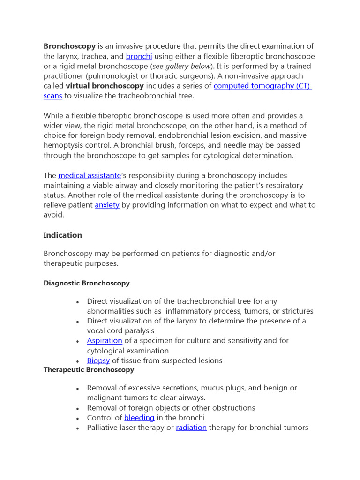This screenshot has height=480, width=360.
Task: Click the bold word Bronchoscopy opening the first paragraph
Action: (x=69, y=46)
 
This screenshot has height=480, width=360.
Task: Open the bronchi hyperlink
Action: (x=139, y=56)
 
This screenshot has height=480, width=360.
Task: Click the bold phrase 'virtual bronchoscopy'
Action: (x=105, y=86)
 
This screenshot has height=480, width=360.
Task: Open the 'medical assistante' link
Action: (x=90, y=175)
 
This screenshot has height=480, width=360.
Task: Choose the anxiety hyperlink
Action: (x=107, y=205)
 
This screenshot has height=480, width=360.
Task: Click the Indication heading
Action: (x=63, y=235)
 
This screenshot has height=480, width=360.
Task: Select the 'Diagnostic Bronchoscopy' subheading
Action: (x=87, y=283)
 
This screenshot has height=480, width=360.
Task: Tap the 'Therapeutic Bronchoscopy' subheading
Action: (x=89, y=369)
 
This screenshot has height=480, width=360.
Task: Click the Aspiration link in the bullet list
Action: (x=105, y=340)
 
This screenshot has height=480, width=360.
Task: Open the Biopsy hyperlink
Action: (x=98, y=360)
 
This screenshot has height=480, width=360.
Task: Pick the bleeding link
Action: (x=139, y=417)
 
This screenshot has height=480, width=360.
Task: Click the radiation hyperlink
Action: (x=191, y=427)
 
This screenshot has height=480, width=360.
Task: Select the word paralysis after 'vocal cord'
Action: (x=139, y=330)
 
